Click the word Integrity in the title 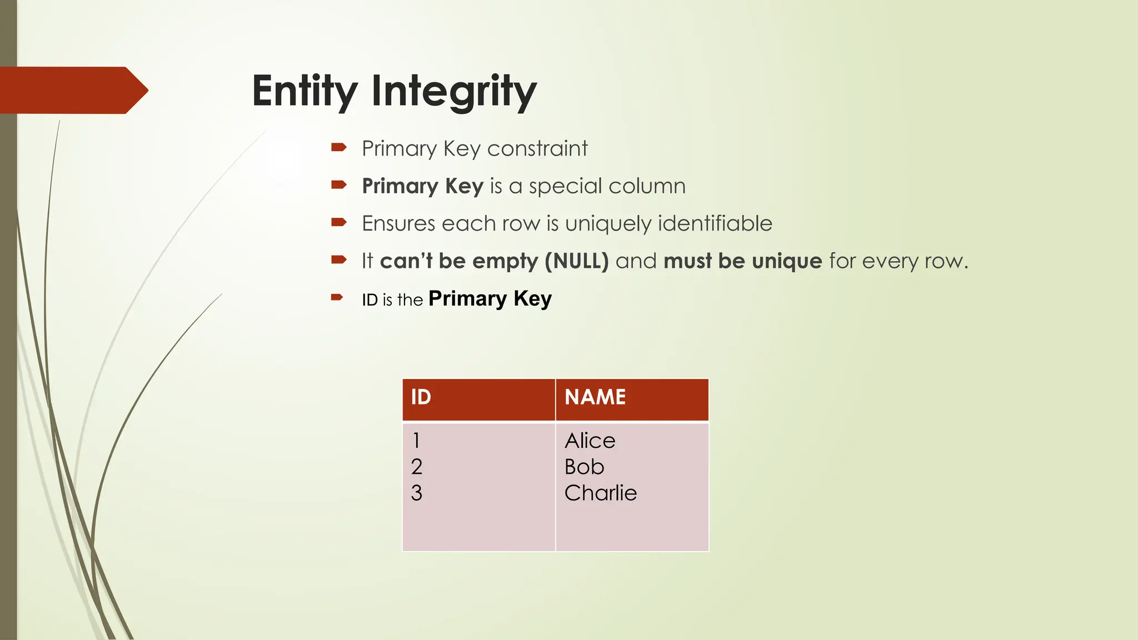(453, 92)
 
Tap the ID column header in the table (421, 397)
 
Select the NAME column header (595, 397)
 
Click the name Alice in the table (590, 441)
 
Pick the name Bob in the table (584, 467)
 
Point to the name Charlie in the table (600, 493)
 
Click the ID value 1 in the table (416, 441)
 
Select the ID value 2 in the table (417, 467)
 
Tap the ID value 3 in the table (417, 493)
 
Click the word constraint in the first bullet (537, 149)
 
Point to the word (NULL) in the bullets (577, 261)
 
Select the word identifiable (715, 224)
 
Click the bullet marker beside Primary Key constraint (338, 147)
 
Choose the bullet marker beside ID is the (337, 297)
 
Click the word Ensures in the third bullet (398, 224)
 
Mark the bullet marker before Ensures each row (338, 222)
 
